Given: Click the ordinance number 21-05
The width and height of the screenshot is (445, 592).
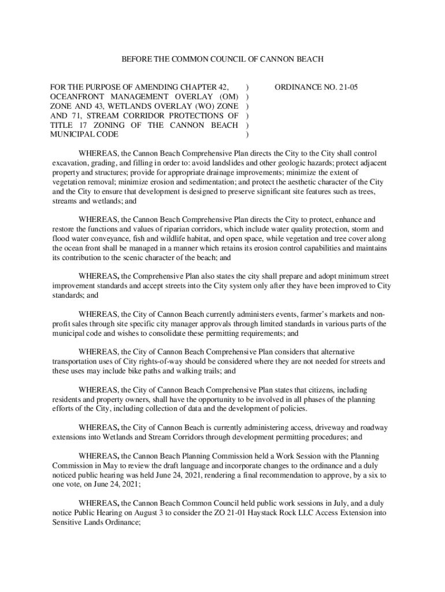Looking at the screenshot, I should [x=348, y=87].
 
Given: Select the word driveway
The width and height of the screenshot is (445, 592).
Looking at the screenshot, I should [x=321, y=428].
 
